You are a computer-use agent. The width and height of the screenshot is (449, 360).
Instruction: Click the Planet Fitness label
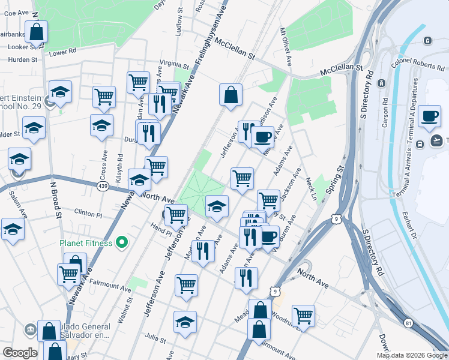pos(86,243)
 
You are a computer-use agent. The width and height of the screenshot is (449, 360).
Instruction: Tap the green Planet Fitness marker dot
pos(122,243)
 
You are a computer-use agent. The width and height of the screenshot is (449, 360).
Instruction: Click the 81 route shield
pos(409,323)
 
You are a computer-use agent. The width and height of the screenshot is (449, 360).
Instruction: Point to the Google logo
pos(20,353)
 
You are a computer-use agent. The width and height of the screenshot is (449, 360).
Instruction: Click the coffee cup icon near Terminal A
pos(429,116)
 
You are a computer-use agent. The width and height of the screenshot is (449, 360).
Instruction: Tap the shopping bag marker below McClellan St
pos(231,95)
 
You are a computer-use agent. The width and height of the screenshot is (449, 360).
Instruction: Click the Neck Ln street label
pos(310,188)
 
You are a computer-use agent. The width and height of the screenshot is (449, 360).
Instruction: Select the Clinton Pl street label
pos(88,213)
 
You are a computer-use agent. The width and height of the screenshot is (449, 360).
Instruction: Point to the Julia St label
pos(155,340)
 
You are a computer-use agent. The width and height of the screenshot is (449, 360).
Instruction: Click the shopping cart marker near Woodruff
pos(304,315)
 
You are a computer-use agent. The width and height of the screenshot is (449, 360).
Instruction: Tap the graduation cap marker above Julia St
pos(185,322)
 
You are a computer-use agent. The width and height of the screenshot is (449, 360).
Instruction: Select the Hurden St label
pos(23,59)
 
